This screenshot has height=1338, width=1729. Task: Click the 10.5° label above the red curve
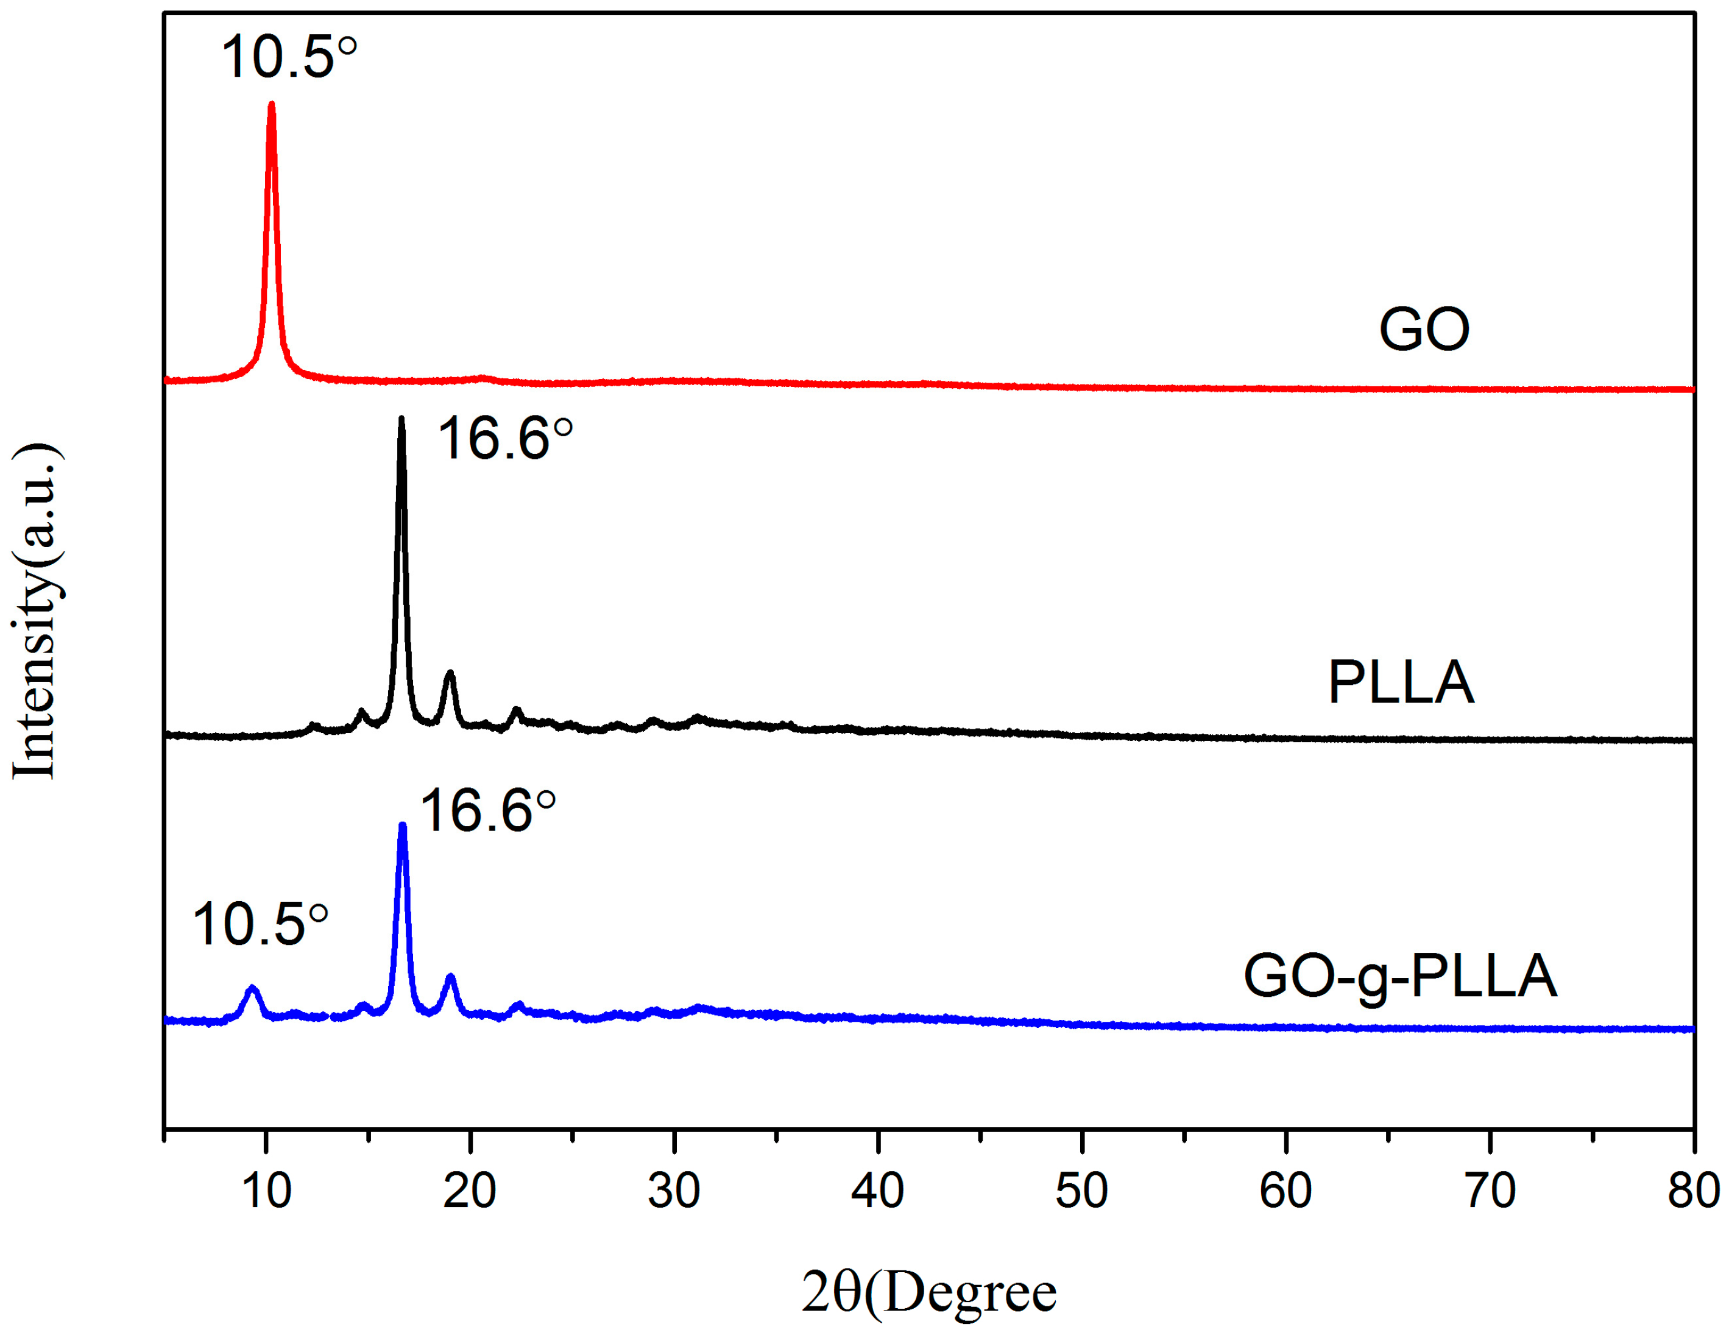pyautogui.click(x=288, y=57)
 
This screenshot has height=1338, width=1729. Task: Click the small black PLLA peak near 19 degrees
pyautogui.click(x=450, y=674)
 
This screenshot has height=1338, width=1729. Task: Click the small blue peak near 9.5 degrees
pyautogui.click(x=253, y=989)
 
